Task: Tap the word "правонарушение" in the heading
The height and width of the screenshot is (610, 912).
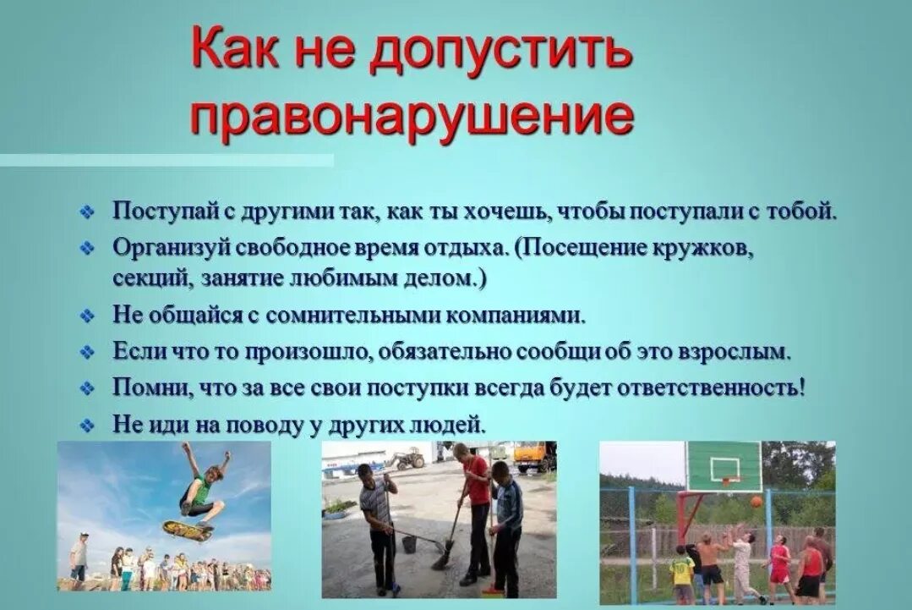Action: click(x=412, y=118)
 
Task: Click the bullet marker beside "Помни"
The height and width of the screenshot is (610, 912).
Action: click(x=86, y=389)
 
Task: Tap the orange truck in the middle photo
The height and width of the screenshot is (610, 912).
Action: click(x=534, y=457)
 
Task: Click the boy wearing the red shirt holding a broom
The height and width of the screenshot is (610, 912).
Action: click(x=475, y=508)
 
